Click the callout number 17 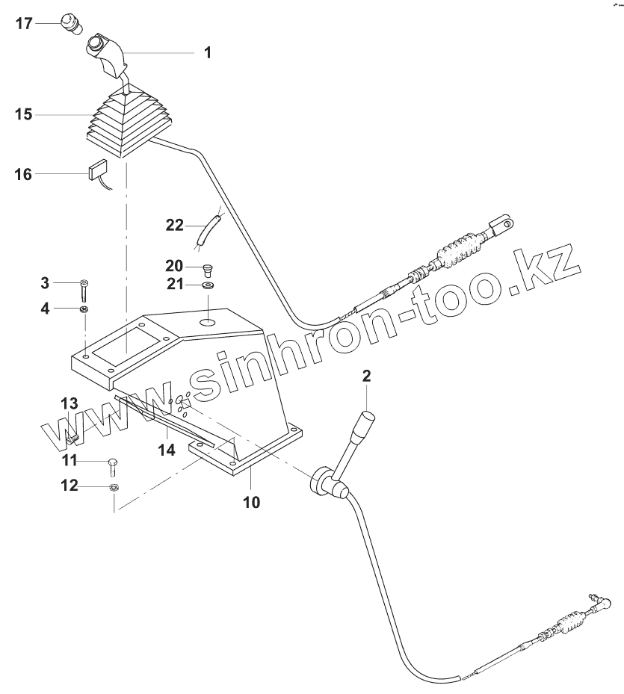(24, 23)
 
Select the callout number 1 (208, 52)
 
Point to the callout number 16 (24, 174)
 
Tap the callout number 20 (174, 266)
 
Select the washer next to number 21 (208, 285)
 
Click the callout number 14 (167, 449)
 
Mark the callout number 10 (251, 502)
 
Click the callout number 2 (367, 376)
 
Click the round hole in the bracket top (208, 322)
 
